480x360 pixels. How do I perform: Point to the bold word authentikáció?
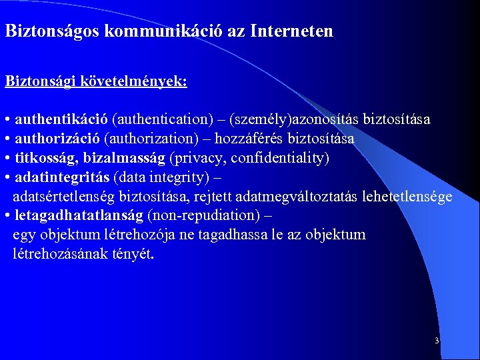[61, 120]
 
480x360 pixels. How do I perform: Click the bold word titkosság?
[40, 158]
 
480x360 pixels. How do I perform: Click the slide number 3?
[436, 341]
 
